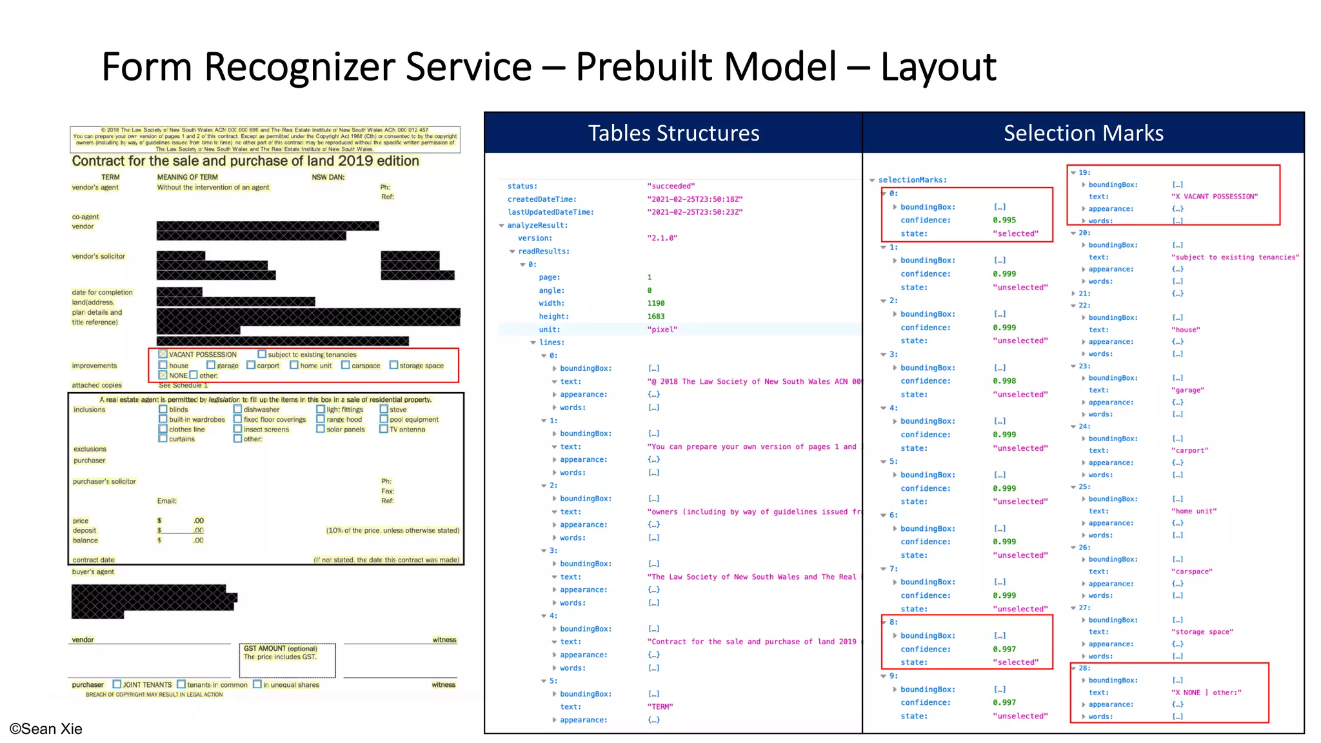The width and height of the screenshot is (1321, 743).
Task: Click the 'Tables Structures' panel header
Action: pyautogui.click(x=673, y=133)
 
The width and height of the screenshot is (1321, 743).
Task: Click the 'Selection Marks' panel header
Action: pyautogui.click(x=1083, y=133)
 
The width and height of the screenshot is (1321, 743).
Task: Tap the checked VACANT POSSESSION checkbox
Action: pyautogui.click(x=163, y=354)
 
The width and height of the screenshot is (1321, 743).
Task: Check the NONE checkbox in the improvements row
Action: pyautogui.click(x=163, y=375)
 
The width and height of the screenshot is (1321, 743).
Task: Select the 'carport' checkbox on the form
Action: pyautogui.click(x=252, y=365)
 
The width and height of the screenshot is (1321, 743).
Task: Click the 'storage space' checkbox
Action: pyautogui.click(x=393, y=365)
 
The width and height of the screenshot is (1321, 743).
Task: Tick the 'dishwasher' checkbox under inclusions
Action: pyautogui.click(x=237, y=410)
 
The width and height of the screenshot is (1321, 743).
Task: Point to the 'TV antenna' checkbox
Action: pyautogui.click(x=384, y=429)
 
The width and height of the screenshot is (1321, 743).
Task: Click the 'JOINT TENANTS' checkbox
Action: pyautogui.click(x=117, y=684)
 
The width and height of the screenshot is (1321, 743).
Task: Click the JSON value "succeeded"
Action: pyautogui.click(x=671, y=186)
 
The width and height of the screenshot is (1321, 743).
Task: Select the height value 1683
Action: pyautogui.click(x=655, y=316)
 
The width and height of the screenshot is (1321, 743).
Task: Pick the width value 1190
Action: pyautogui.click(x=655, y=303)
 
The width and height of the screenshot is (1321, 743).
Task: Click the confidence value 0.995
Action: pyautogui.click(x=1004, y=220)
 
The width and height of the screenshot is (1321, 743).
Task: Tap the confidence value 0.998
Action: pyautogui.click(x=1004, y=381)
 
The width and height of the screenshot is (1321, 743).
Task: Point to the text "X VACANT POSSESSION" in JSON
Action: pyautogui.click(x=1214, y=197)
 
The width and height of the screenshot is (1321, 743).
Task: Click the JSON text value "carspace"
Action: pyautogui.click(x=1191, y=571)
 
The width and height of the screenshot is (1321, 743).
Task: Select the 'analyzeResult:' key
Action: pyautogui.click(x=537, y=225)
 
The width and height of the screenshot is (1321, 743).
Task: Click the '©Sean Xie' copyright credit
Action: pyautogui.click(x=46, y=729)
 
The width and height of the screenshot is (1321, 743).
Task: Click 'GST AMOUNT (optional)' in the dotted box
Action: pyautogui.click(x=281, y=648)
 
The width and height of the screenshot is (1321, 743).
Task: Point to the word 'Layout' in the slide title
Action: pyautogui.click(x=939, y=66)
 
